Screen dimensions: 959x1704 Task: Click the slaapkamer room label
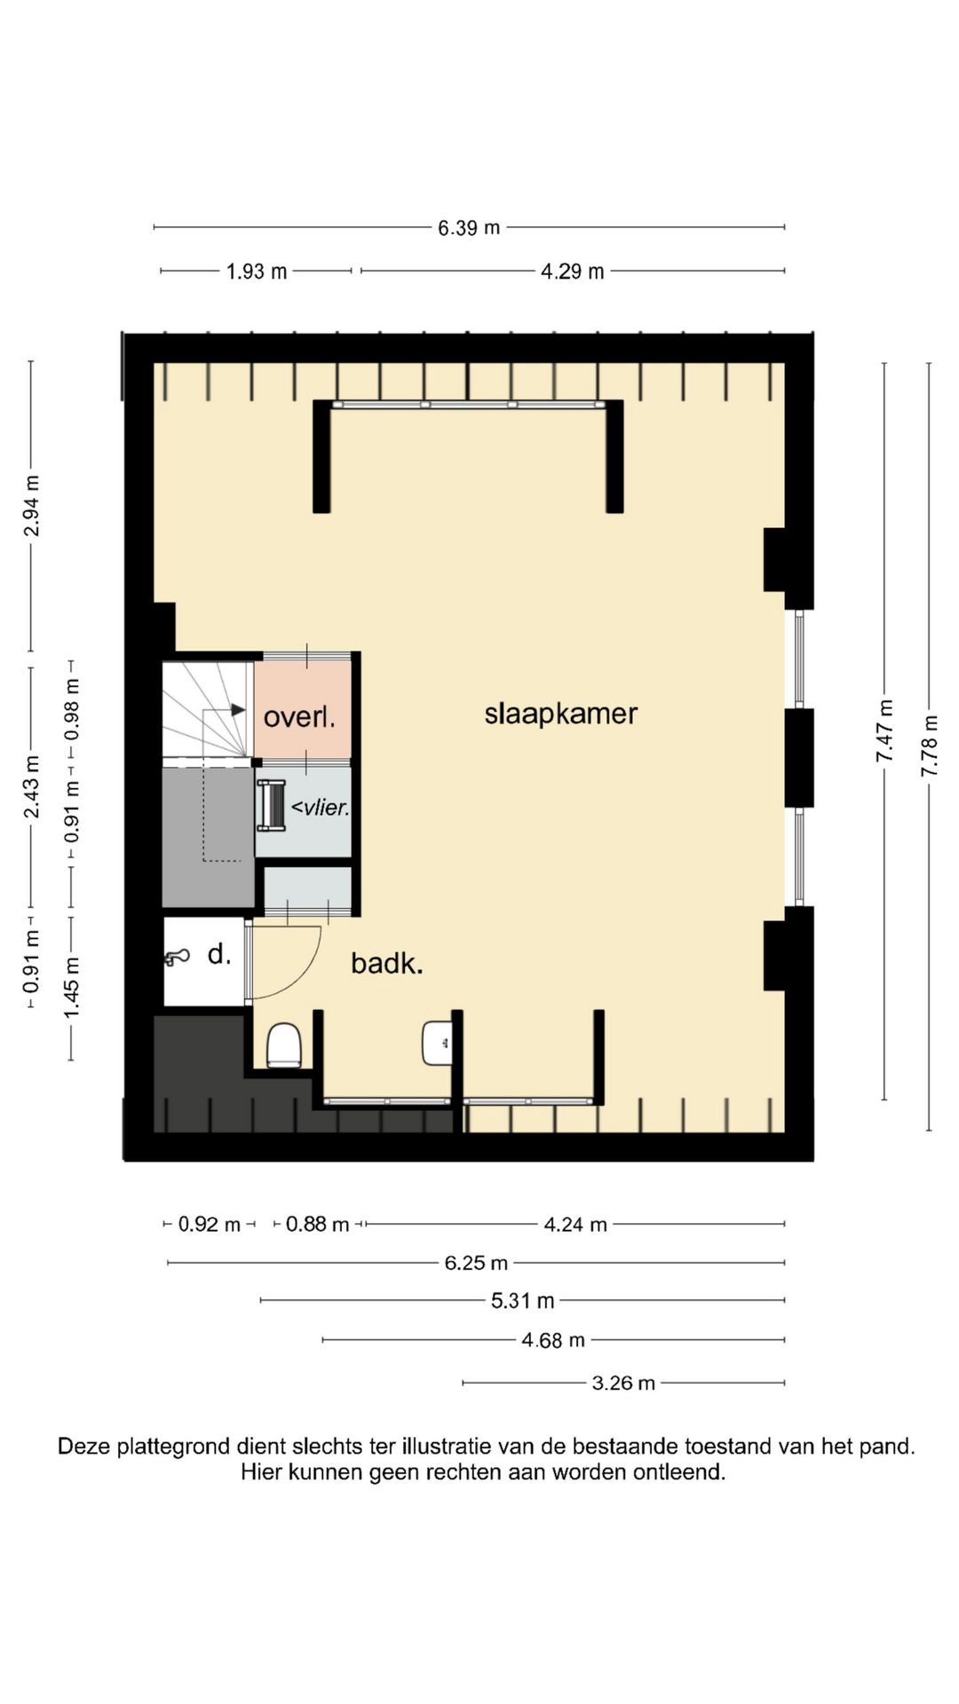coord(560,714)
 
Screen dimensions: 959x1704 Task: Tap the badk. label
coord(386,963)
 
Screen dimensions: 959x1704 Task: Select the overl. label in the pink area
coord(299,717)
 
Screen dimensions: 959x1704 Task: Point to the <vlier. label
coord(321,808)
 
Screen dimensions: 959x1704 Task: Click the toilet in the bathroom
coord(284,1045)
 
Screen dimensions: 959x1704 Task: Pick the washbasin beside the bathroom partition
coord(437,1043)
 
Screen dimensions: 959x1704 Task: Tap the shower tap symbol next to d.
coord(177,957)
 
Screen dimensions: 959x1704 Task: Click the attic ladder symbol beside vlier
coord(271,806)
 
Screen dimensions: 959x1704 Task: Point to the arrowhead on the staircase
coord(238,710)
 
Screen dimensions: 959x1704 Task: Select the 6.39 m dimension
coord(469,228)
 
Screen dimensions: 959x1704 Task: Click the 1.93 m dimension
coord(257,272)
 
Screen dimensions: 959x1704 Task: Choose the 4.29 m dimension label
coord(573,272)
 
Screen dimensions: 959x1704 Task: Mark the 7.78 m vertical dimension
coord(929,746)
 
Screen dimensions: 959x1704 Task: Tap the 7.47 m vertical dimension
coord(884,730)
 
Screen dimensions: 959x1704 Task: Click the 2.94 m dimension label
coord(31,506)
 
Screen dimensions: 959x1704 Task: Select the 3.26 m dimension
coord(623,1383)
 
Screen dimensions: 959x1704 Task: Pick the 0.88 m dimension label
coord(317,1225)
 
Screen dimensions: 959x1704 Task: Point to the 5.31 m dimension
coord(523,1301)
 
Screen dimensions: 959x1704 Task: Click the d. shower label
coord(219,955)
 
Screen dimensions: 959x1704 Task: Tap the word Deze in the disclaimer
coord(85,1447)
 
